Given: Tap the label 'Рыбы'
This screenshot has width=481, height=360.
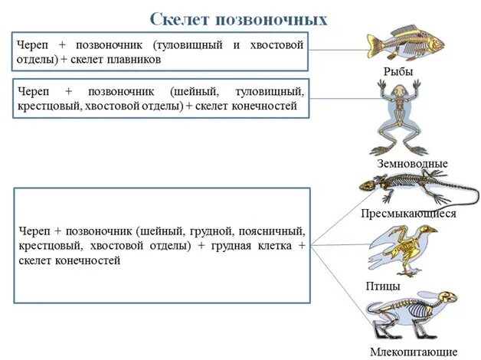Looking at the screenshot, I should point(398,71).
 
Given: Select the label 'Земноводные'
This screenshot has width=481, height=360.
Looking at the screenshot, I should point(412,163).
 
